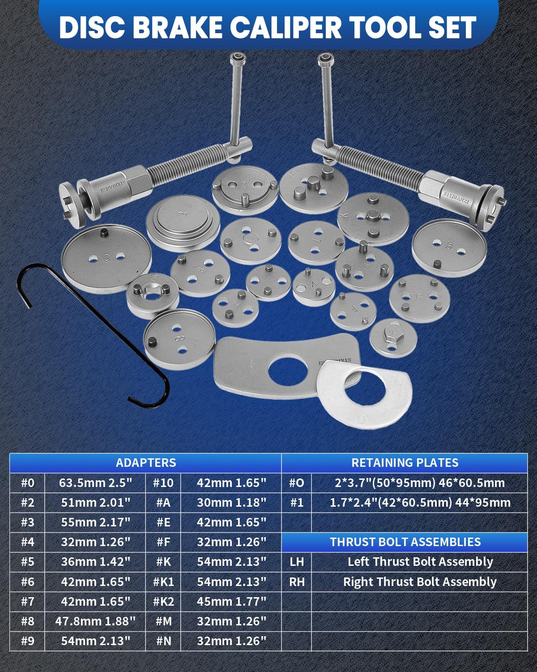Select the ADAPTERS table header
[x=146, y=463]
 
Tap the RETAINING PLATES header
[x=405, y=463]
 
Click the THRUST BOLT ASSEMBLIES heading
[x=405, y=542]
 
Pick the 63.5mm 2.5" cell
[x=95, y=483]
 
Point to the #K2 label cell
[x=163, y=601]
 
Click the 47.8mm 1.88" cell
[x=95, y=621]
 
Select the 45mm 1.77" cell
[x=231, y=601]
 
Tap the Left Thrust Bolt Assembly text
[x=420, y=562]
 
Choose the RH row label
[x=297, y=582]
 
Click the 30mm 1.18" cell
[x=231, y=503]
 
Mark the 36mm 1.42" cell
[x=95, y=562]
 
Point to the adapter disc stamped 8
[x=179, y=339]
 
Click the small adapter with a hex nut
[x=393, y=338]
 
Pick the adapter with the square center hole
[x=153, y=295]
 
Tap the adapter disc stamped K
[x=373, y=218]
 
